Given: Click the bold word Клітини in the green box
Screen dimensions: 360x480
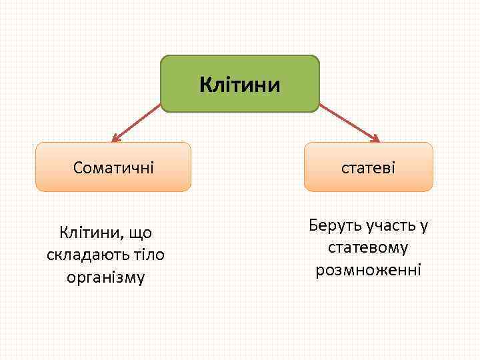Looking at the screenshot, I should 240,85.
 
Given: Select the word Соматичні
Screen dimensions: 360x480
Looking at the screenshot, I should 113,167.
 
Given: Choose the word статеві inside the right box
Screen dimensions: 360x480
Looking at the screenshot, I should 369,167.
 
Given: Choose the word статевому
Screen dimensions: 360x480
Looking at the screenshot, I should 368,247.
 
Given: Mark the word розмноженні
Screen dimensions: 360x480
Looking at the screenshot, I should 368,270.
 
